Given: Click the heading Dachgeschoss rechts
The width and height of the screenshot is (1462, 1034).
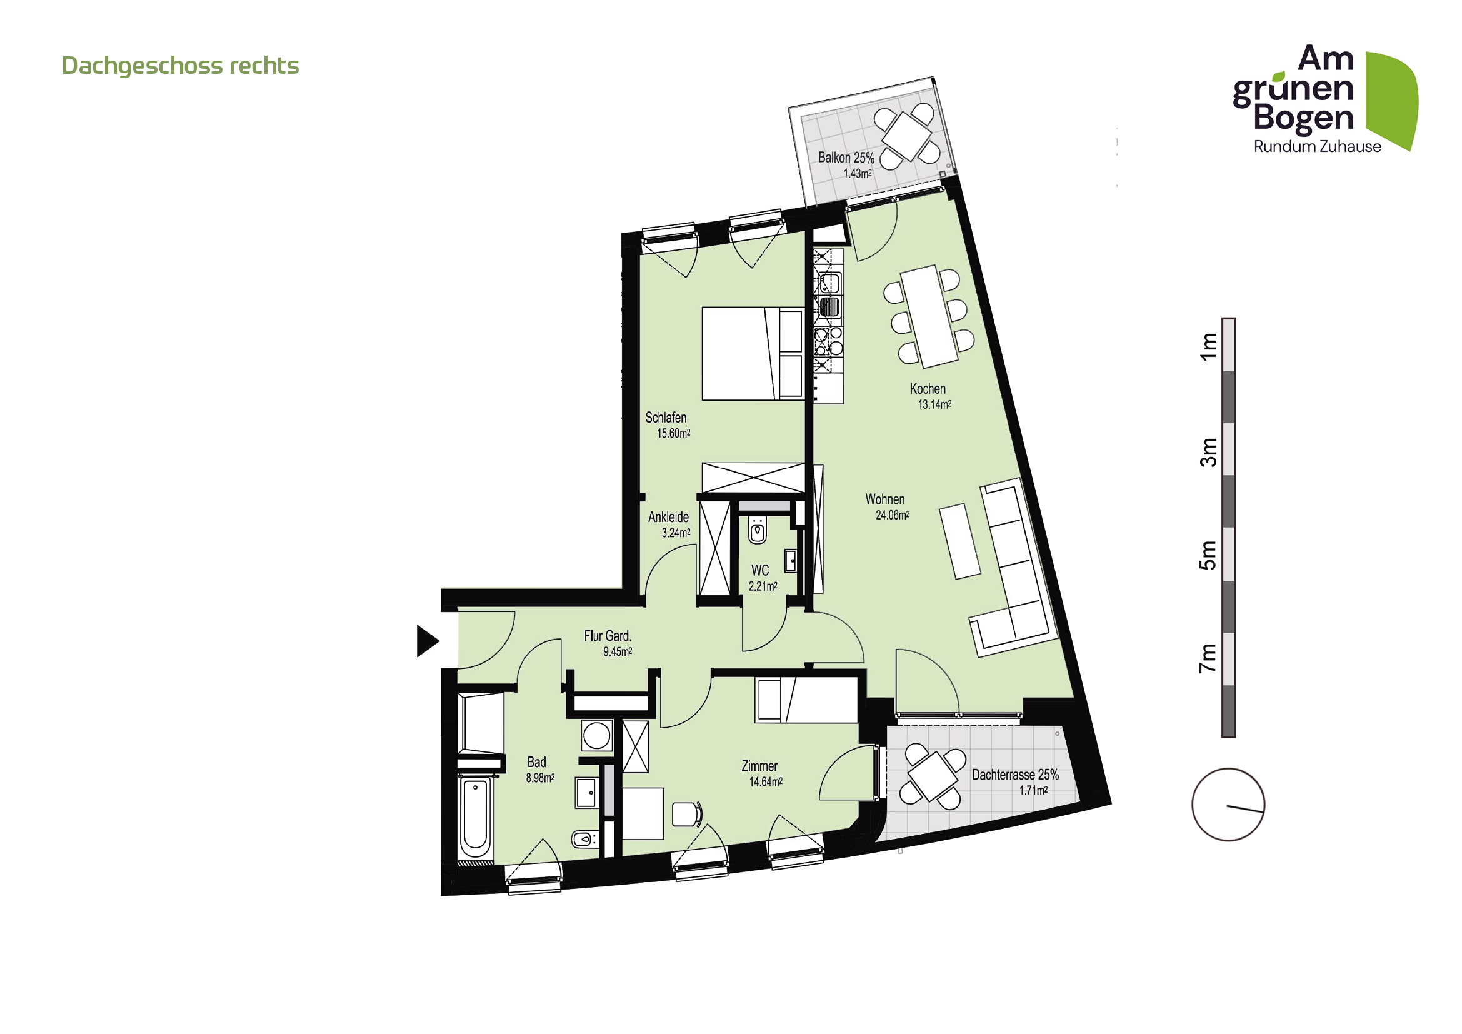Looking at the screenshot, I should (x=180, y=66).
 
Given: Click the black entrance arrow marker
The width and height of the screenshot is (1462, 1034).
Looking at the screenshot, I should (x=427, y=641).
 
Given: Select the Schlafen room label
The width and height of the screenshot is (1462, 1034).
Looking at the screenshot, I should (x=666, y=418).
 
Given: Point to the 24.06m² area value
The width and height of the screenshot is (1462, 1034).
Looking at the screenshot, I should (x=892, y=515).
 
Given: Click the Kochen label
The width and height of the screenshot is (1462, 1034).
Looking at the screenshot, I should (x=927, y=388).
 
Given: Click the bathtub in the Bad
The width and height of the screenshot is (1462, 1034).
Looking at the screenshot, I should (x=475, y=818).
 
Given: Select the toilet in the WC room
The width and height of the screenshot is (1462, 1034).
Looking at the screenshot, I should (x=757, y=530).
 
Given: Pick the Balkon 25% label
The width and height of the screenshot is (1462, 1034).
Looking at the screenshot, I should (x=846, y=158).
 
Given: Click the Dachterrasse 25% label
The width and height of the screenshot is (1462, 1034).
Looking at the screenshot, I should (x=1015, y=775).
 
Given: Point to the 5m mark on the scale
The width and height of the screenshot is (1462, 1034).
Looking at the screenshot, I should (x=1208, y=555).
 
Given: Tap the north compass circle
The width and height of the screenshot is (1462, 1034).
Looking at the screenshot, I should (x=1228, y=805).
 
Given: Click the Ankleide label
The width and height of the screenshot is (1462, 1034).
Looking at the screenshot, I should (x=668, y=517).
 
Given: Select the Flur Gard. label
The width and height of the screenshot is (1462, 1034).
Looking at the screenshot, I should (x=608, y=635).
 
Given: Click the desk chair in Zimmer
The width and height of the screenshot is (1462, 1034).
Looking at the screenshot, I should (x=686, y=815).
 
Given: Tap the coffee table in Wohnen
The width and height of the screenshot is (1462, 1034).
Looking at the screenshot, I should (x=959, y=541).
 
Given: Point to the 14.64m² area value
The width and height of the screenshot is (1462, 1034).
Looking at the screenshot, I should (x=766, y=782).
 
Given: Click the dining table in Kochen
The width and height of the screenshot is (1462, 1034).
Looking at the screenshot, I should (x=929, y=316).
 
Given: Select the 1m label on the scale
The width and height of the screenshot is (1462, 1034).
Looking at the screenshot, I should (x=1208, y=346).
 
